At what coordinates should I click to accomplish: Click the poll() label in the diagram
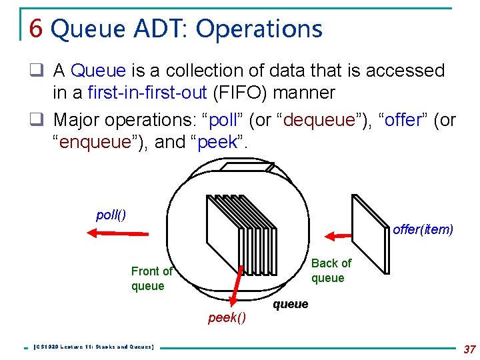coord(111,215)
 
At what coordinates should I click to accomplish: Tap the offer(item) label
coord(423,229)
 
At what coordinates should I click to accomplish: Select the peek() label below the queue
coord(227,318)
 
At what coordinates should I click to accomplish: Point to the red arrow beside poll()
coord(117,233)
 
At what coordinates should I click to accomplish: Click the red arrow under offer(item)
coord(339,235)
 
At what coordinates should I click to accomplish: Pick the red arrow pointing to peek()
coord(237,287)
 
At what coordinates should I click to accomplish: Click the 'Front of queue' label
coord(151,279)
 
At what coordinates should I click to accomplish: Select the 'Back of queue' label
coord(331,271)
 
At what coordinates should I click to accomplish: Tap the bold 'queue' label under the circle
coord(291,304)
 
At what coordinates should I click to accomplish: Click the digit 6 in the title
coord(37,29)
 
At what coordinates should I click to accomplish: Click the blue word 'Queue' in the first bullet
coord(98,70)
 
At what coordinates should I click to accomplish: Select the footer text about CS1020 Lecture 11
coord(93,347)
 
